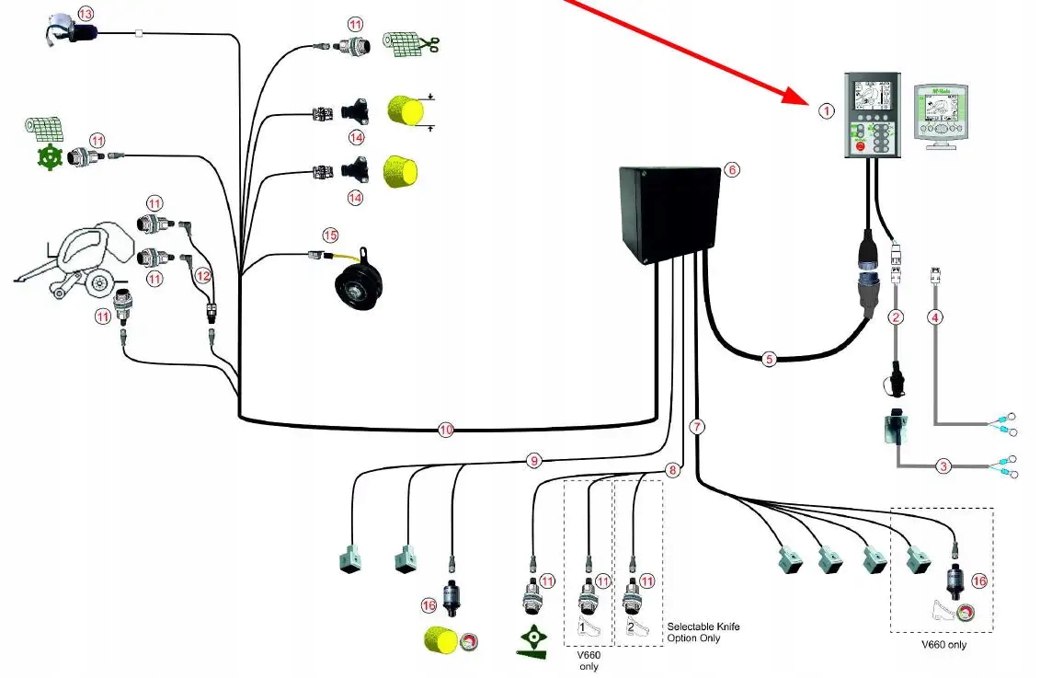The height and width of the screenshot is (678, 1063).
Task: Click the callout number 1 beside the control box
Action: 826,111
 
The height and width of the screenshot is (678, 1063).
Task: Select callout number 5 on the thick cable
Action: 770,359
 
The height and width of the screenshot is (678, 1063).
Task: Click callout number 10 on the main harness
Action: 446,430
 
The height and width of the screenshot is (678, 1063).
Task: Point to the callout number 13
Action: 86,14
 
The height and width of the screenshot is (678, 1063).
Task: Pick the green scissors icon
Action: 428,42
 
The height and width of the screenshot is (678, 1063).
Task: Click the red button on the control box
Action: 862,144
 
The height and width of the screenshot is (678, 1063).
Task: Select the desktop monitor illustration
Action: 943,115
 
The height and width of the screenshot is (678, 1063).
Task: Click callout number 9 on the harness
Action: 533,460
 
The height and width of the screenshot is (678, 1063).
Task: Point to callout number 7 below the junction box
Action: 697,427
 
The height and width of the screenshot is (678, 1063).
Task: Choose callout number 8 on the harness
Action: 673,470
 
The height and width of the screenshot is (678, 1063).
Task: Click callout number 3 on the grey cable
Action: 943,466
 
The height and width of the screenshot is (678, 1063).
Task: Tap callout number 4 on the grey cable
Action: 935,318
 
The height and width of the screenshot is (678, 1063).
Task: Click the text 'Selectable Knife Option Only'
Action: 703,632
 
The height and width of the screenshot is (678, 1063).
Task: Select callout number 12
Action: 203,276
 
